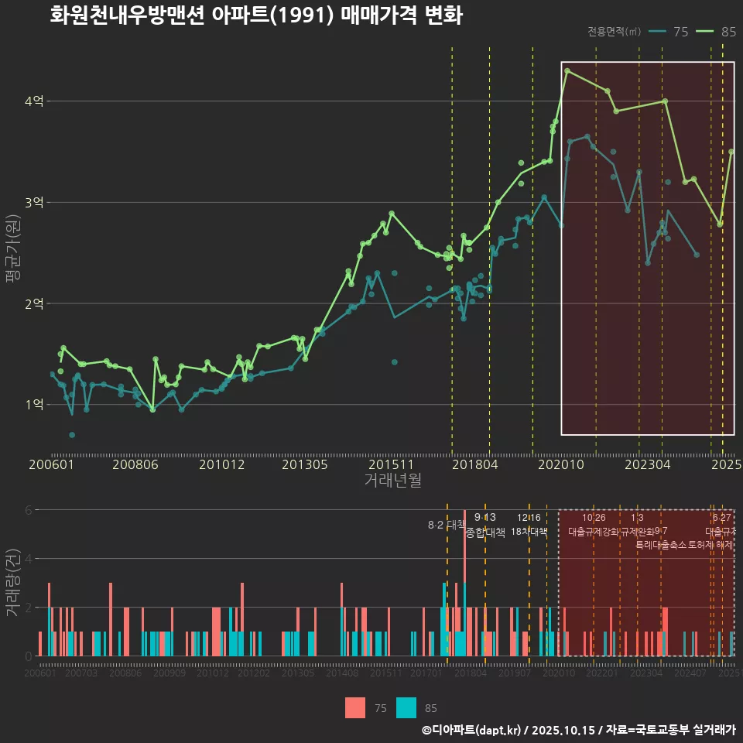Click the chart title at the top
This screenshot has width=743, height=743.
(255, 15)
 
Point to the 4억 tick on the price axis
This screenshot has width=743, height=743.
(34, 101)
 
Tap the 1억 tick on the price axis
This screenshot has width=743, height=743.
(34, 405)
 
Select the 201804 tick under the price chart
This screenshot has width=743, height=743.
(474, 465)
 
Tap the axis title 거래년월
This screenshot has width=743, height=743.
(392, 481)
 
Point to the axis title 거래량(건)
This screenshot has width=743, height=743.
(13, 583)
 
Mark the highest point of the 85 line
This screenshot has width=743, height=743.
(567, 70)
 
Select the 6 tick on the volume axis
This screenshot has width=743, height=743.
(29, 510)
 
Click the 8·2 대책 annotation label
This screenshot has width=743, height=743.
(445, 525)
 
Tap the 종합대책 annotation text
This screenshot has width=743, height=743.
(485, 532)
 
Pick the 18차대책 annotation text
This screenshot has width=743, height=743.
(529, 532)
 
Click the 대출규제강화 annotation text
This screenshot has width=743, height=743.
(594, 532)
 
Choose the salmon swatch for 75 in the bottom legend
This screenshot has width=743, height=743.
(354, 707)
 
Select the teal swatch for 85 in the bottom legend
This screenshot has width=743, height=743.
(406, 707)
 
